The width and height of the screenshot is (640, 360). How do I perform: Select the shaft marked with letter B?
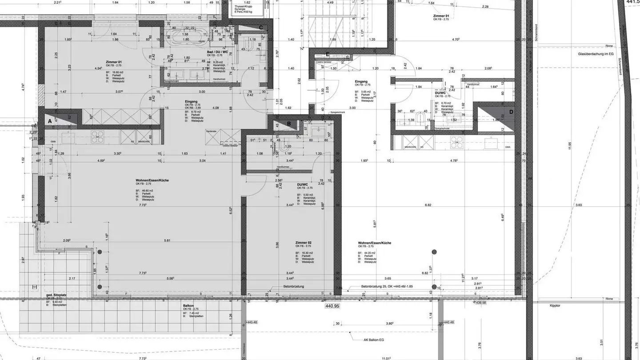click(x=288, y=124)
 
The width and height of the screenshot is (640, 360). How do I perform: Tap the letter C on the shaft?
click(x=261, y=28)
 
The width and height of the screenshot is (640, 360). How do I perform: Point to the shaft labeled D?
click(x=511, y=112)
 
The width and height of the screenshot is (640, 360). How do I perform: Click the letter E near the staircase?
click(x=328, y=54)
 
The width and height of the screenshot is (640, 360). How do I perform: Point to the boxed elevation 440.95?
click(x=332, y=306)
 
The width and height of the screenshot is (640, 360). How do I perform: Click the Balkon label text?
click(x=188, y=305)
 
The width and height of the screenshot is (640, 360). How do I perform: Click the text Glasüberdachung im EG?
click(x=596, y=53)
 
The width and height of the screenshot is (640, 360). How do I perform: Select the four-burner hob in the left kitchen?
click(x=98, y=136)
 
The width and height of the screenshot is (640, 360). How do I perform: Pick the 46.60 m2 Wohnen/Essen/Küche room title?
click(x=152, y=180)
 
